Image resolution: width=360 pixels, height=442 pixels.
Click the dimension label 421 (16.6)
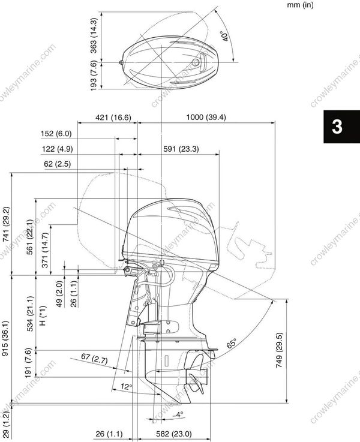[113, 118]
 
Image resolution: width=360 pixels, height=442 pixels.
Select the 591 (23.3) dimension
[181, 149]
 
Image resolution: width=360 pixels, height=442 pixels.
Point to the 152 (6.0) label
[56, 133]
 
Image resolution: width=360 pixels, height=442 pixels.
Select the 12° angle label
[125, 387]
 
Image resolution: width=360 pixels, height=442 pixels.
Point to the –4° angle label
[178, 414]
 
